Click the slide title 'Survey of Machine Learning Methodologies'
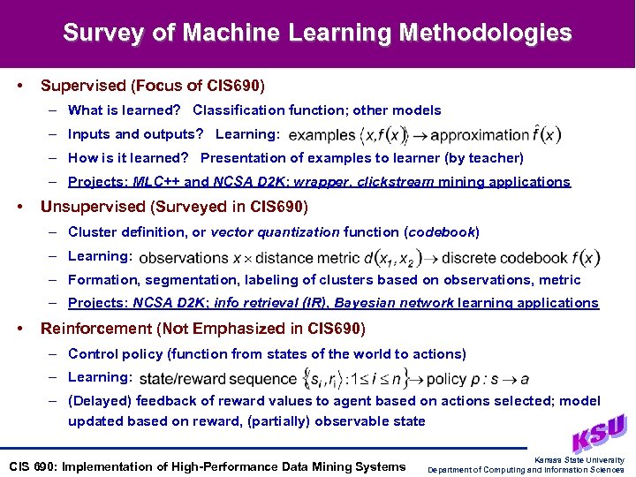click(x=317, y=34)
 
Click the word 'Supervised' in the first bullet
click(x=83, y=87)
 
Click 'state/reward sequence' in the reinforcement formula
click(x=217, y=379)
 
